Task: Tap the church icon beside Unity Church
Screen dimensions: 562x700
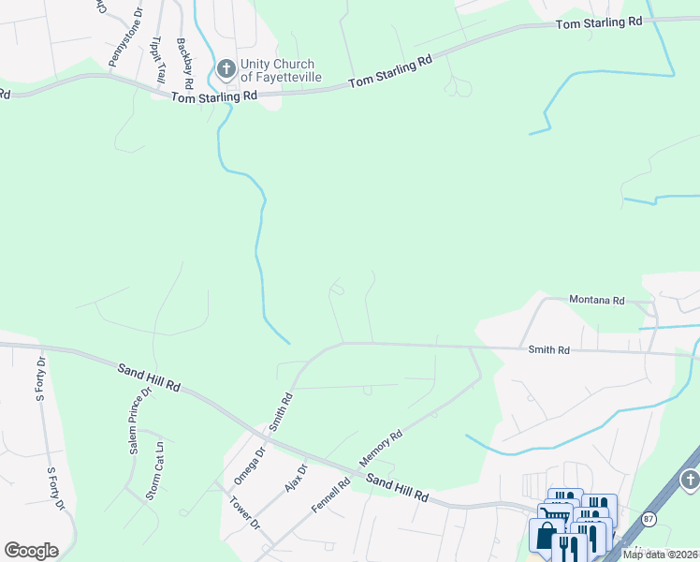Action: [x=226, y=68]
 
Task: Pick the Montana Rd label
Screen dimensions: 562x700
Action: [x=597, y=301]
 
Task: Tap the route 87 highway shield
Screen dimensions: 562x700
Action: [x=649, y=518]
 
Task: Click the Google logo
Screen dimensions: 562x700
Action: [x=31, y=551]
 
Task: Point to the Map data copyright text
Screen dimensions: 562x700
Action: [x=660, y=555]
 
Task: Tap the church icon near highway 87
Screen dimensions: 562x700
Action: [x=690, y=480]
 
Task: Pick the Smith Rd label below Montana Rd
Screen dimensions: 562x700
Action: [x=548, y=349]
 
